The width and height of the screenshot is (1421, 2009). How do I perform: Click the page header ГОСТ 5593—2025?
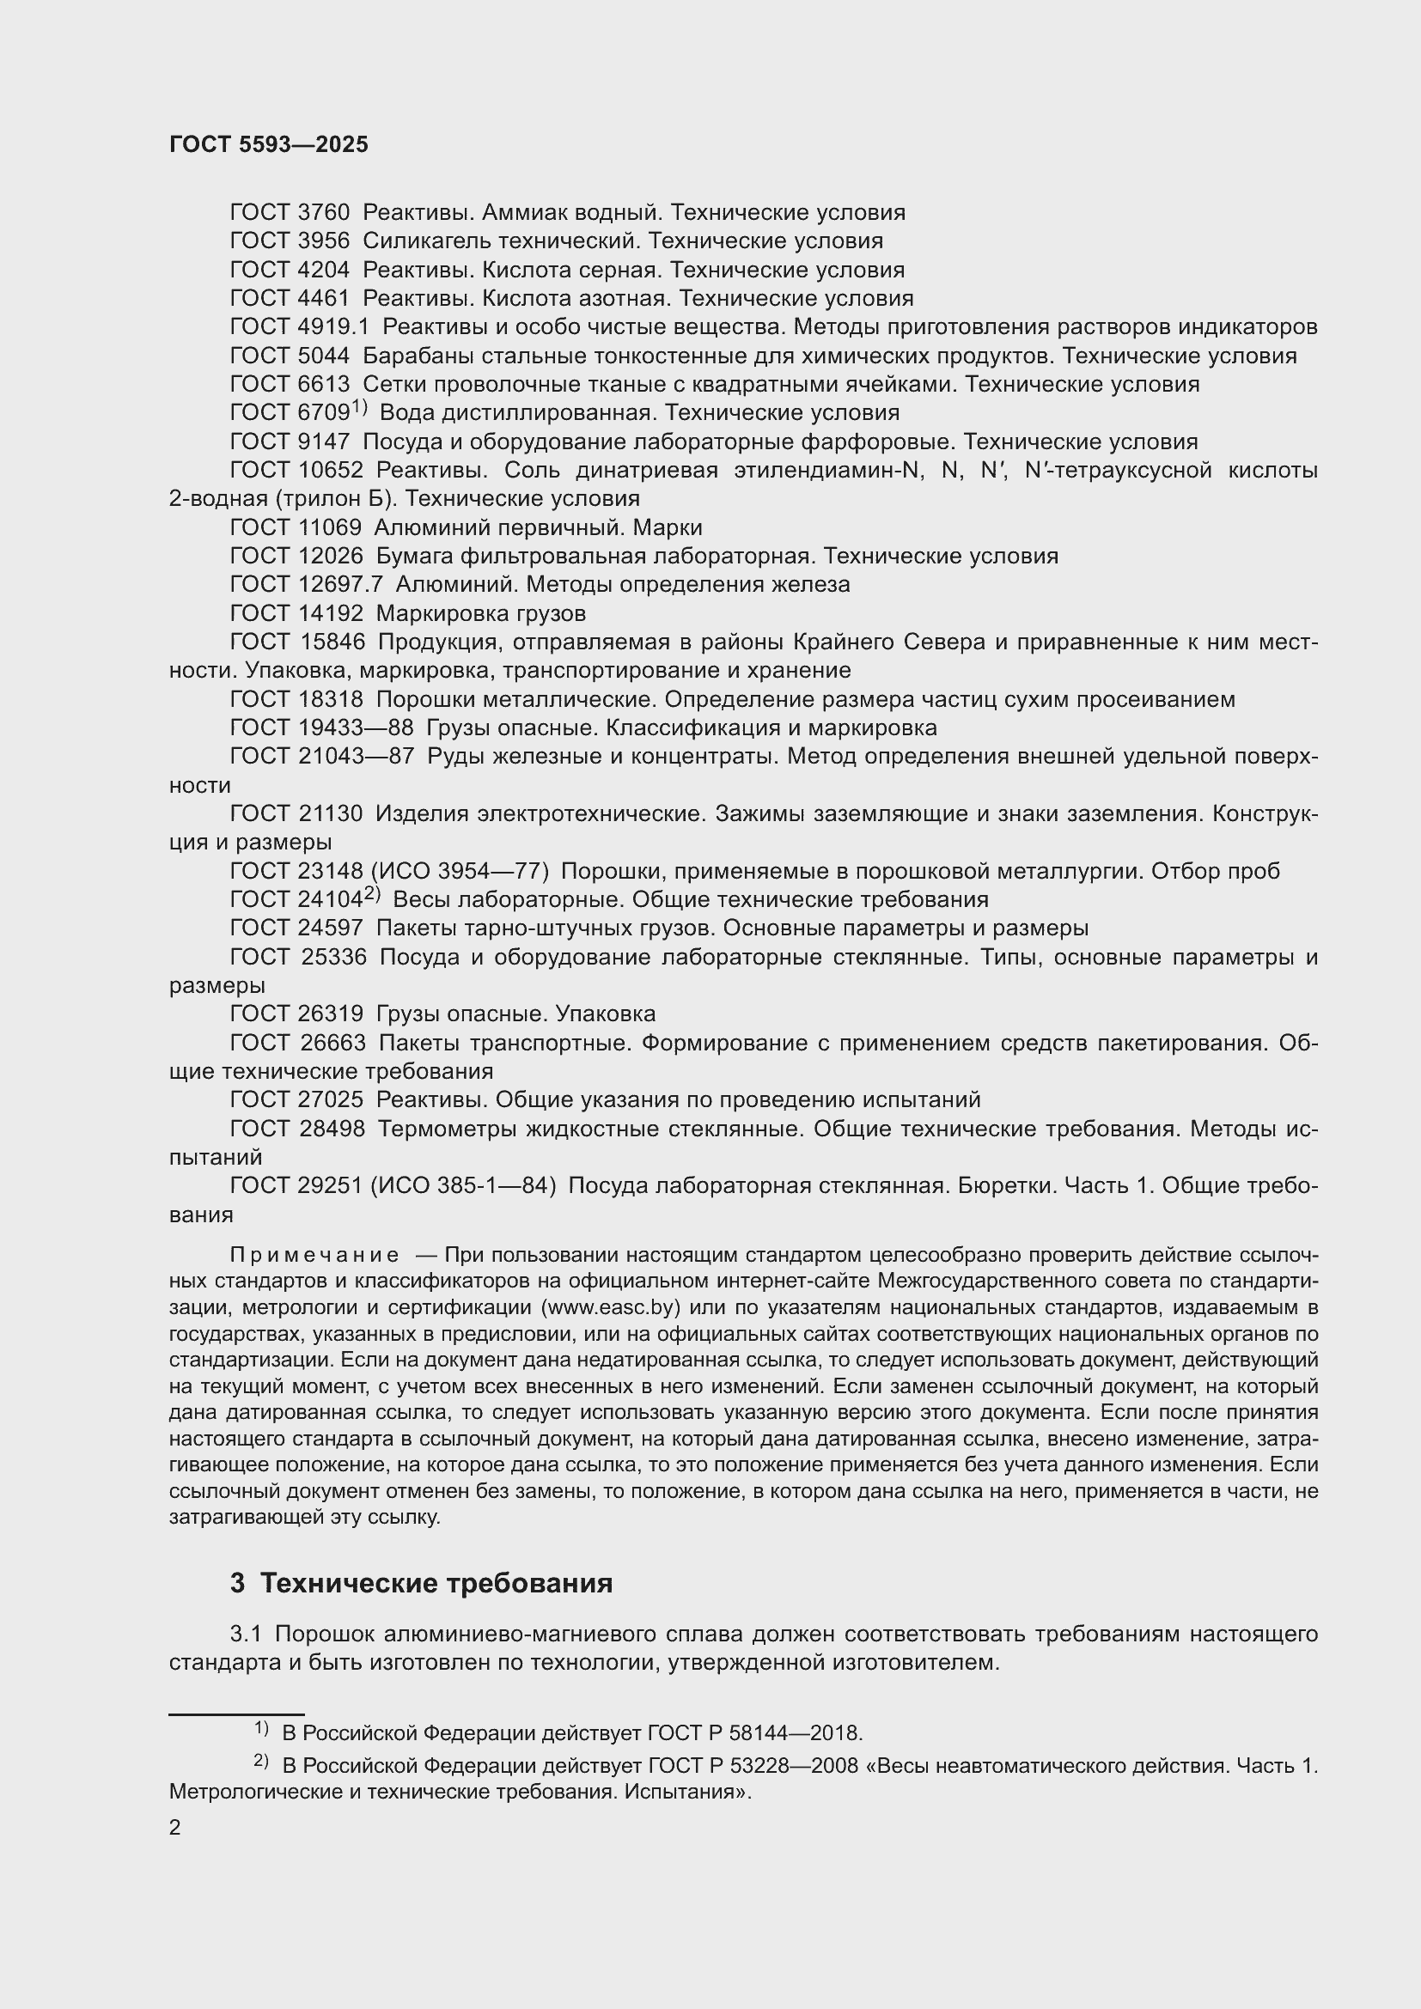269,145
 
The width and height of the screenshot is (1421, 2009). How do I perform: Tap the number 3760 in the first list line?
324,213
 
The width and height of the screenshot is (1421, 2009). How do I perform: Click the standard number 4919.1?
333,327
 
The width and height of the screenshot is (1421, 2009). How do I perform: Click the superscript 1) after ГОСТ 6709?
360,408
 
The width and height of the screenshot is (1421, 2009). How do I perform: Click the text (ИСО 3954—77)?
460,872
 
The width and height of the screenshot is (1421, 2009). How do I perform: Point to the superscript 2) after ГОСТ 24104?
372,894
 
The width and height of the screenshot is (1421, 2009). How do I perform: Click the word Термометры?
447,1129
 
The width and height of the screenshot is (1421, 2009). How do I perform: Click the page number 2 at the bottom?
175,1827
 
